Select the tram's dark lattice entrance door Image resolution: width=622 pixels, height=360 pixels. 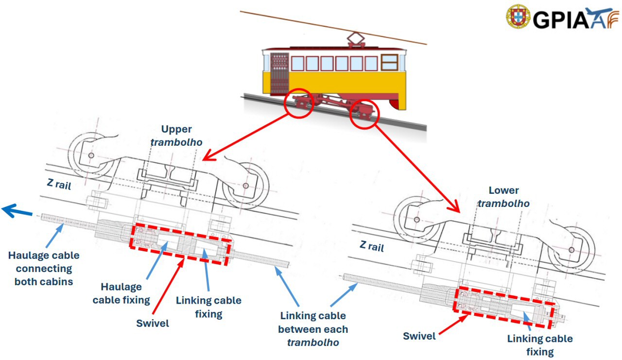[279, 73]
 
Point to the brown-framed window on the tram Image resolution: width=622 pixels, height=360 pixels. [389, 62]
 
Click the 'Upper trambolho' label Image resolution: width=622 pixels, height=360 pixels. [176, 136]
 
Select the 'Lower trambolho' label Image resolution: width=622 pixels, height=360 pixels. [503, 197]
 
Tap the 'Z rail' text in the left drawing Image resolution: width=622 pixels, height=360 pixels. [59, 184]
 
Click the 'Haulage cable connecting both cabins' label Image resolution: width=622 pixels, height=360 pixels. [43, 268]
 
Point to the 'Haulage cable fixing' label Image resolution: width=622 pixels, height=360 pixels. [121, 293]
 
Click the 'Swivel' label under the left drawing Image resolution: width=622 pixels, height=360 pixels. [153, 323]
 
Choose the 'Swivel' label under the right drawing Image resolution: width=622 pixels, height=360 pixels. [420, 336]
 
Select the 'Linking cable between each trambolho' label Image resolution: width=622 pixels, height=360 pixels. [313, 329]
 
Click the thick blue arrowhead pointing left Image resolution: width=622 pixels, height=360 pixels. [12, 210]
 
